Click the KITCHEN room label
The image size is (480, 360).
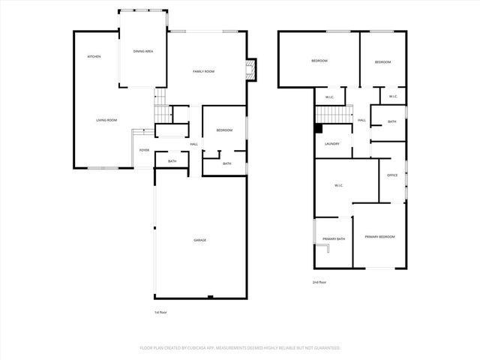coord(94,57)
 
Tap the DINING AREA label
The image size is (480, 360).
coord(143,51)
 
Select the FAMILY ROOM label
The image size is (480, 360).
coord(204,71)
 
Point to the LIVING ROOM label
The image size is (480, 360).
coord(106,120)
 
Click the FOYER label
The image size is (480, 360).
coord(144,150)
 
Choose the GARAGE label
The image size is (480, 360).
coord(200,240)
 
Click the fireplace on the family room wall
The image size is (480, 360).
coord(252,70)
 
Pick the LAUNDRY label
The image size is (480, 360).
coord(332,144)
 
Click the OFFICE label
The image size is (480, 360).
coord(391,175)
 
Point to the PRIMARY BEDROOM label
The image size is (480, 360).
coord(379,237)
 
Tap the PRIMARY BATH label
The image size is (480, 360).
coord(334,238)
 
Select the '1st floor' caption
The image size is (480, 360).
coord(160,312)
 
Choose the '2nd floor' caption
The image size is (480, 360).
coord(320,282)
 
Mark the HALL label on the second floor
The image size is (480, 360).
coord(361,120)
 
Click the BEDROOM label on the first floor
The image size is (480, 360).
coord(225,130)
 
